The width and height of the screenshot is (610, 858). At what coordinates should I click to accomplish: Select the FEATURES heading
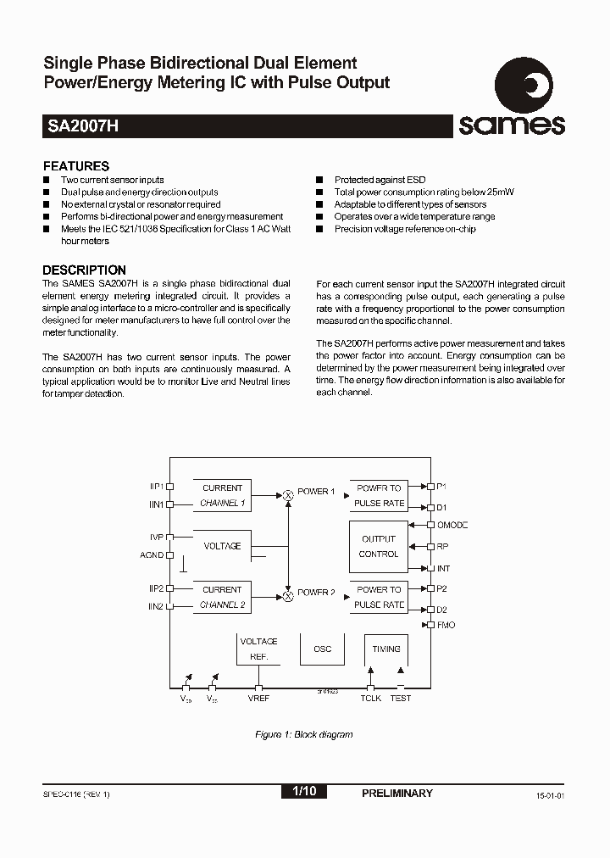point(76,166)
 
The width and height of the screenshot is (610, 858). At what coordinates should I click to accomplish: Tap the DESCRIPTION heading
point(84,270)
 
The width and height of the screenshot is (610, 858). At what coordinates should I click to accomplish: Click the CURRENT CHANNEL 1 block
point(222,495)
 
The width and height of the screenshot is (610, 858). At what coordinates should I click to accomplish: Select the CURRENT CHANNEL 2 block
point(222,597)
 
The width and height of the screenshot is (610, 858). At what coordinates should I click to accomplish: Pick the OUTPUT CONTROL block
point(379,546)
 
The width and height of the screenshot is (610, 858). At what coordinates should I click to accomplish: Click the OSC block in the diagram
point(323,649)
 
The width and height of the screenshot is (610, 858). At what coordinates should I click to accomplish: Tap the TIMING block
point(386,649)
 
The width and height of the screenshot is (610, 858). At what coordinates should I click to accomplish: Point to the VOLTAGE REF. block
point(258,649)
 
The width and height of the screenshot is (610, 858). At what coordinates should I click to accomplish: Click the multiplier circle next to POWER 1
point(288,493)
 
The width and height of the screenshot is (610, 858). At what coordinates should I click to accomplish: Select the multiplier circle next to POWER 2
point(288,595)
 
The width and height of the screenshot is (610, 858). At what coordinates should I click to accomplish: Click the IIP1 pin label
point(156,487)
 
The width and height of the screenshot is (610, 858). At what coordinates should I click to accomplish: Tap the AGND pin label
point(152,554)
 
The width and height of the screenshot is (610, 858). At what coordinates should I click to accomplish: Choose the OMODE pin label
point(452,525)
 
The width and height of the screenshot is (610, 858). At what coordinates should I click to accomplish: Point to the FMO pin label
point(446,625)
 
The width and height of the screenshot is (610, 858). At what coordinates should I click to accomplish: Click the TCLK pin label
point(370,698)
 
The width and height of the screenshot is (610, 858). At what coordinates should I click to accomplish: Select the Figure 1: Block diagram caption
point(303,734)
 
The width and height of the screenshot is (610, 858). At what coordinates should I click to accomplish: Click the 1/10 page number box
point(303,792)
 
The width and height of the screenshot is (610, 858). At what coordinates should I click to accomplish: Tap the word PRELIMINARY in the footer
point(396,793)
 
